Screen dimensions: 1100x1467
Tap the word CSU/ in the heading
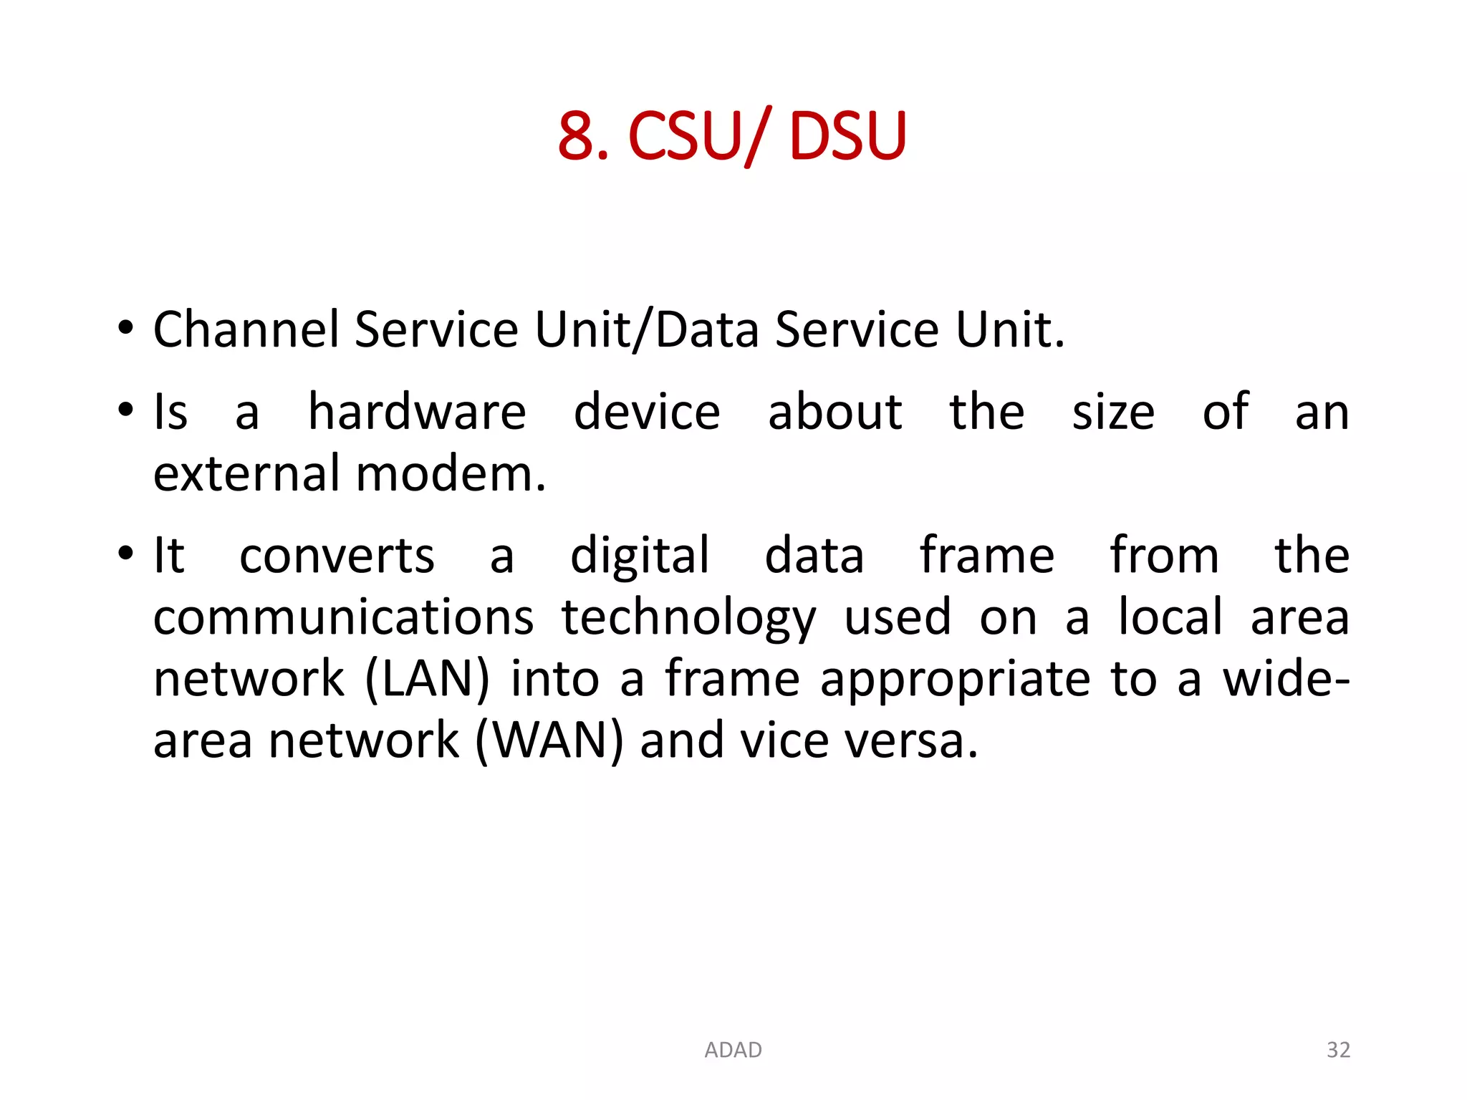(699, 135)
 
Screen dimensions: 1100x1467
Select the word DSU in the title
(847, 135)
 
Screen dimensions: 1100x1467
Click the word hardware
(417, 412)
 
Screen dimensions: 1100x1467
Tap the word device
(647, 412)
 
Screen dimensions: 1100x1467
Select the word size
(1113, 412)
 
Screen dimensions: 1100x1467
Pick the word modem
(451, 474)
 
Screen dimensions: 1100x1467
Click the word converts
(337, 556)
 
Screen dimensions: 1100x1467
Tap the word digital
(640, 556)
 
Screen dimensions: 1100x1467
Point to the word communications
(343, 617)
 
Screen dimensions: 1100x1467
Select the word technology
(688, 617)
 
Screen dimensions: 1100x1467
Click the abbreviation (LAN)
(428, 679)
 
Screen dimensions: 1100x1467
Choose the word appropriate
(956, 679)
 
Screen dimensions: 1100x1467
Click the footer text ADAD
(733, 1050)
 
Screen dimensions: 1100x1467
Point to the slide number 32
(1338, 1050)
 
